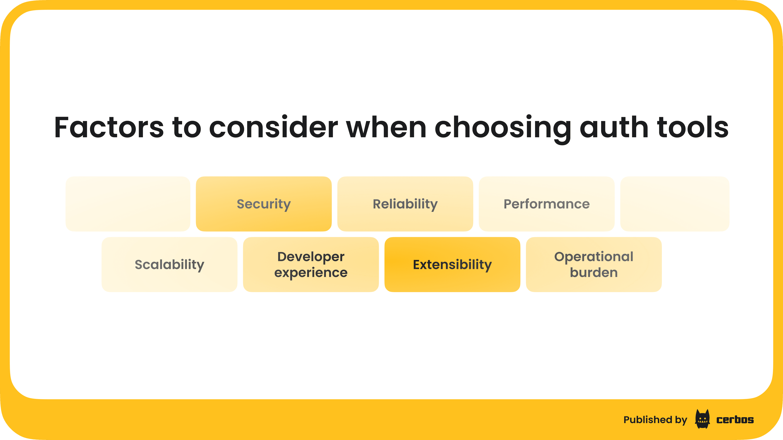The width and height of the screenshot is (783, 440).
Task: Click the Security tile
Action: [x=263, y=204]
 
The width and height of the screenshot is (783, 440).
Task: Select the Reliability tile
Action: [x=405, y=204]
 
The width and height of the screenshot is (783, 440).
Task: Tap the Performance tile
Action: [x=546, y=204]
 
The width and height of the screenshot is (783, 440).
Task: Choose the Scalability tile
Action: [x=169, y=264]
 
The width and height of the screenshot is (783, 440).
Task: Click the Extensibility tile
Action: [x=452, y=264]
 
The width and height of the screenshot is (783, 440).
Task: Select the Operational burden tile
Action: [x=594, y=264]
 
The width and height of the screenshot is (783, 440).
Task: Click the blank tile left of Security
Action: [x=128, y=204]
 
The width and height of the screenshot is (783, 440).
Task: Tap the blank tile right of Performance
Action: [x=675, y=204]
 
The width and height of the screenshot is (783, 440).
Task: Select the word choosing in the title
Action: [x=503, y=129]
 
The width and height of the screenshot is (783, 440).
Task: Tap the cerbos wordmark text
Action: [x=735, y=420]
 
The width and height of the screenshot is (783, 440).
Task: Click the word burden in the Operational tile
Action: [x=594, y=272]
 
